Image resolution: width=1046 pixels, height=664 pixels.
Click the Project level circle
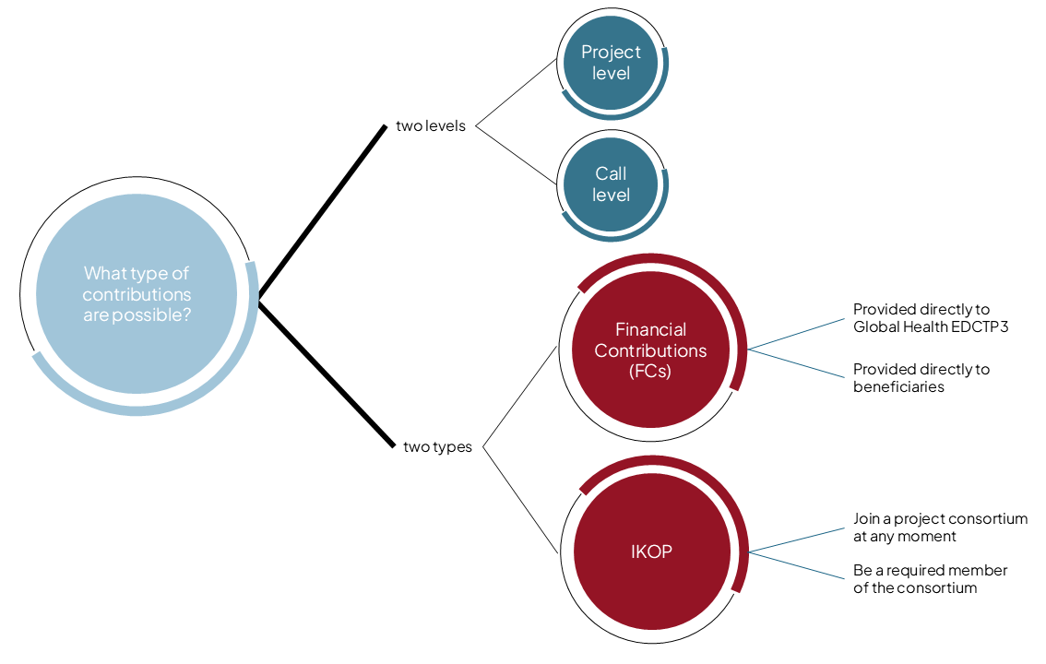click(x=611, y=63)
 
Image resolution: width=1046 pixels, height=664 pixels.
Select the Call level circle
click(x=611, y=184)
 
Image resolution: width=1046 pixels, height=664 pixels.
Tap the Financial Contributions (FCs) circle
click(x=650, y=350)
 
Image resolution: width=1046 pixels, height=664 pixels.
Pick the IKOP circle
click(x=650, y=551)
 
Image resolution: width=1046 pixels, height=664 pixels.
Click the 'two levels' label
click(x=431, y=125)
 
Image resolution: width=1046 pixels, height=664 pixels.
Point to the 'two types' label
click(x=437, y=447)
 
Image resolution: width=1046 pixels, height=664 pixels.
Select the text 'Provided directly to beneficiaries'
click(x=921, y=378)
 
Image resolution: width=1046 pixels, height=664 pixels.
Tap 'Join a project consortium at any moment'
click(x=939, y=528)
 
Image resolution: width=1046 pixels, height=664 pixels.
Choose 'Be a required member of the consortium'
click(x=930, y=579)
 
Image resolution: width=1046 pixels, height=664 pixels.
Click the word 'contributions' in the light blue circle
click(x=137, y=295)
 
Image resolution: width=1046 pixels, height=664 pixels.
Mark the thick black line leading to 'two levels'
click(x=323, y=212)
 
